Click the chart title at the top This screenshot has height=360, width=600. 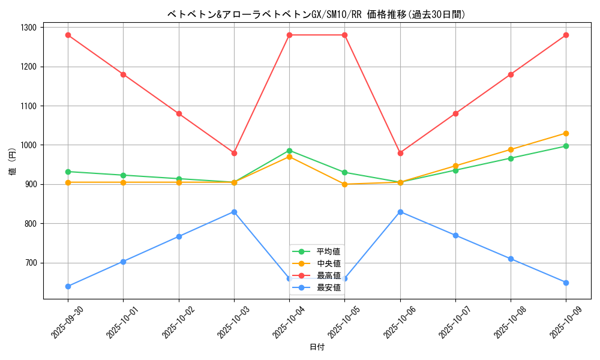[316, 14]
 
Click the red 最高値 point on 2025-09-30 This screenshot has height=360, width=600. [68, 35]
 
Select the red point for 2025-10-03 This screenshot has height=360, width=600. [234, 153]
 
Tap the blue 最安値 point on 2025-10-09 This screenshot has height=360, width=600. [566, 283]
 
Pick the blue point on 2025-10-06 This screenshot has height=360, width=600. [400, 212]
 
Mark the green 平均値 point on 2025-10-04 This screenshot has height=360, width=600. [289, 151]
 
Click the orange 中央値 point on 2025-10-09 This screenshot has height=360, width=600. [566, 133]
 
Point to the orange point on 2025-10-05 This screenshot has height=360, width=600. [344, 184]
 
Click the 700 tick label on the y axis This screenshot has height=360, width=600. [30, 263]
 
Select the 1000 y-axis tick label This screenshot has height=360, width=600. [28, 145]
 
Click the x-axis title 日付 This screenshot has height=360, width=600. [317, 347]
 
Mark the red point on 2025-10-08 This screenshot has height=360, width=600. [511, 74]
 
